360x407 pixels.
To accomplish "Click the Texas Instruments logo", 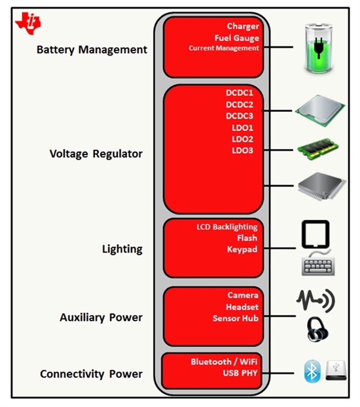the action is pyautogui.click(x=28, y=24).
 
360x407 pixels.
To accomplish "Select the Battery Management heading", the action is pyautogui.click(x=92, y=50).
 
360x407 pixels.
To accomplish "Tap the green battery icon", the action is pyautogui.click(x=319, y=48).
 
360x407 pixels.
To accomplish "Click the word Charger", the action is pyautogui.click(x=243, y=26).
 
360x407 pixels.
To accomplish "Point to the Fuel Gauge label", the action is pyautogui.click(x=237, y=38).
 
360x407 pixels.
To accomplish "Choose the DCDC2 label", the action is pyautogui.click(x=240, y=105).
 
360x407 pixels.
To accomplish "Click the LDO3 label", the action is pyautogui.click(x=243, y=150).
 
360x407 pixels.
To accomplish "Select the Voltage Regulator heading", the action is pyautogui.click(x=96, y=154).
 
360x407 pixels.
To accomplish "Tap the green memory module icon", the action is pyautogui.click(x=318, y=149).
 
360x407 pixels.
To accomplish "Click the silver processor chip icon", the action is pyautogui.click(x=320, y=111).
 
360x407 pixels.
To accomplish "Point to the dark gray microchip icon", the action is pyautogui.click(x=322, y=186).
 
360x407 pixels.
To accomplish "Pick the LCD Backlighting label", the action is pyautogui.click(x=227, y=227).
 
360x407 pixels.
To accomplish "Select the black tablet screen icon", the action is pyautogui.click(x=315, y=234).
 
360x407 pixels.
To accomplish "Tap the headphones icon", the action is pyautogui.click(x=317, y=329).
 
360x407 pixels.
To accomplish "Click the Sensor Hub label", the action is pyautogui.click(x=236, y=318).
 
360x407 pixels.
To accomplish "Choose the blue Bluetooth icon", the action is pyautogui.click(x=312, y=371).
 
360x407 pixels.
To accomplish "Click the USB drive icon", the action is pyautogui.click(x=336, y=370).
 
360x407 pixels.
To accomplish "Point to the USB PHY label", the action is pyautogui.click(x=240, y=373).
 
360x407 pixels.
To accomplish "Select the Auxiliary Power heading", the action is pyautogui.click(x=101, y=317).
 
